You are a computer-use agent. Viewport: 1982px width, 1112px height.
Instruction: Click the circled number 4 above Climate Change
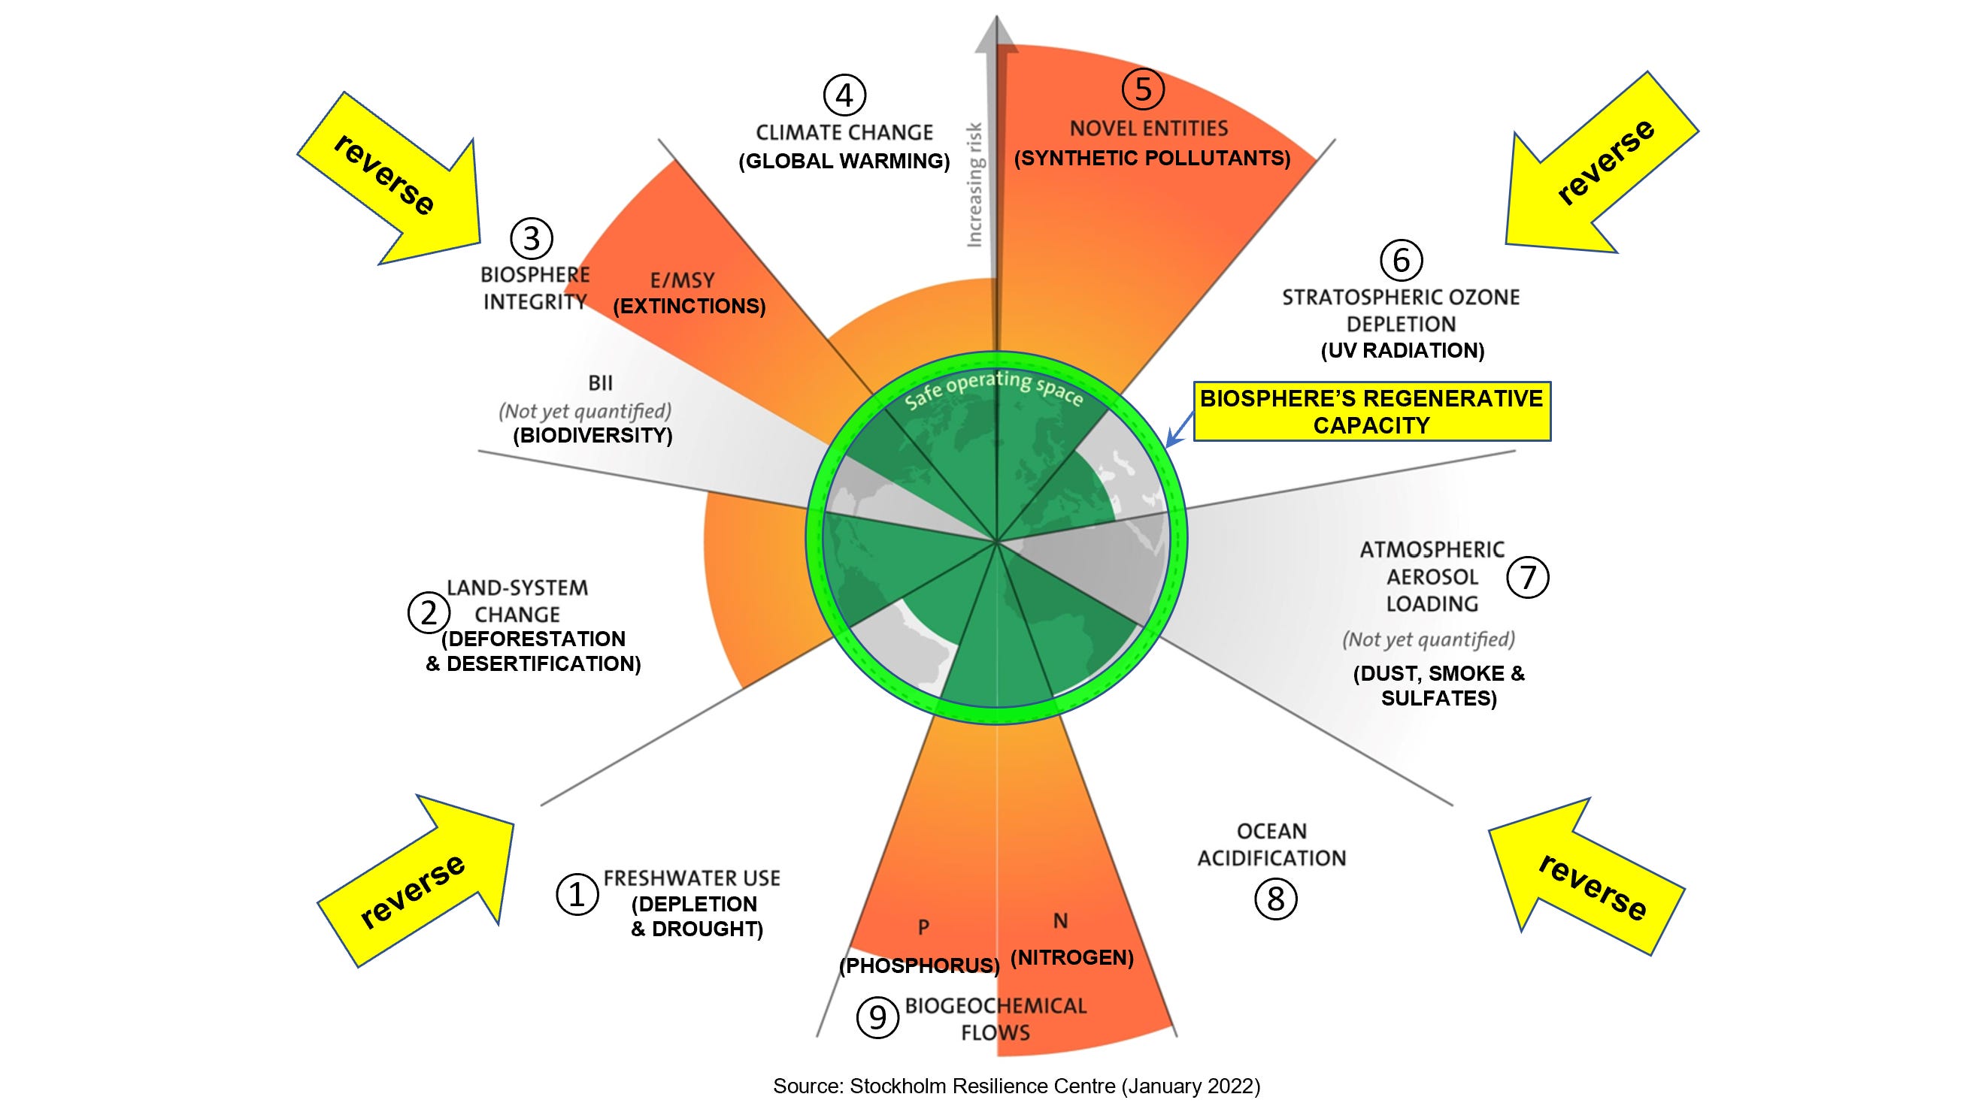tap(844, 96)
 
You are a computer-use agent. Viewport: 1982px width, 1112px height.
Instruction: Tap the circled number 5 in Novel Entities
tap(1143, 89)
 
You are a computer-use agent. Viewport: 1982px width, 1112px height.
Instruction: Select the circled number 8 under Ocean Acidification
tap(1276, 898)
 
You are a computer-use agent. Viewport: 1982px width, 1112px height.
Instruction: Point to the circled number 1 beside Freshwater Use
tap(577, 893)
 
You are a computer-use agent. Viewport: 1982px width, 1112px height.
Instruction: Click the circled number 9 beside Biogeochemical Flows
tap(877, 1017)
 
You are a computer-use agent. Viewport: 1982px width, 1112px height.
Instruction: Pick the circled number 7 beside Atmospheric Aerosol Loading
tap(1527, 577)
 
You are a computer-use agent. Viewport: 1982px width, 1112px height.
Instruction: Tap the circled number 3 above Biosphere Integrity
tap(532, 238)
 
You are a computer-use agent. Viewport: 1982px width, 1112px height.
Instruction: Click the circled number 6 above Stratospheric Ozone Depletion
tap(1401, 260)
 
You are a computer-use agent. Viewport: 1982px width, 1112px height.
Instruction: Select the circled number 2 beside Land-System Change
tap(429, 613)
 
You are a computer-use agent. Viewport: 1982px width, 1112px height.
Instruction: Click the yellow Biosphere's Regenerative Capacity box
tap(1371, 412)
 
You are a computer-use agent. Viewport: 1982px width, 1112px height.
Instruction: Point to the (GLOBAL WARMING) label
tap(844, 162)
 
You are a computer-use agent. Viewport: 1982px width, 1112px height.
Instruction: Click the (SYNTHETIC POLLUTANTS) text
tap(1152, 159)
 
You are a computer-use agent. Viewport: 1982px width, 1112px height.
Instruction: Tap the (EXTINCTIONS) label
tap(689, 306)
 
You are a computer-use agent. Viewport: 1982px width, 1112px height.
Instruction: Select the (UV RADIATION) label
tap(1402, 351)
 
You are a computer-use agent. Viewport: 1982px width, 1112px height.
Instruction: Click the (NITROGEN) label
tap(1071, 957)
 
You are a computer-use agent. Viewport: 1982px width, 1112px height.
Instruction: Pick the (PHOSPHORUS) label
tap(920, 965)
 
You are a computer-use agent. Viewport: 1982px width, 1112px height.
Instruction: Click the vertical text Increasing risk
tap(974, 185)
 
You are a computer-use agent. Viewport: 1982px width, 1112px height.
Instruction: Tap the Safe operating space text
tap(993, 391)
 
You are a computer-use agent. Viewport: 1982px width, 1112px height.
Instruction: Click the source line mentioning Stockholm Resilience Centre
tap(1017, 1086)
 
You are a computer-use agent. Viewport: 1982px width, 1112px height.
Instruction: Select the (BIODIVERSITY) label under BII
tap(592, 435)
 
